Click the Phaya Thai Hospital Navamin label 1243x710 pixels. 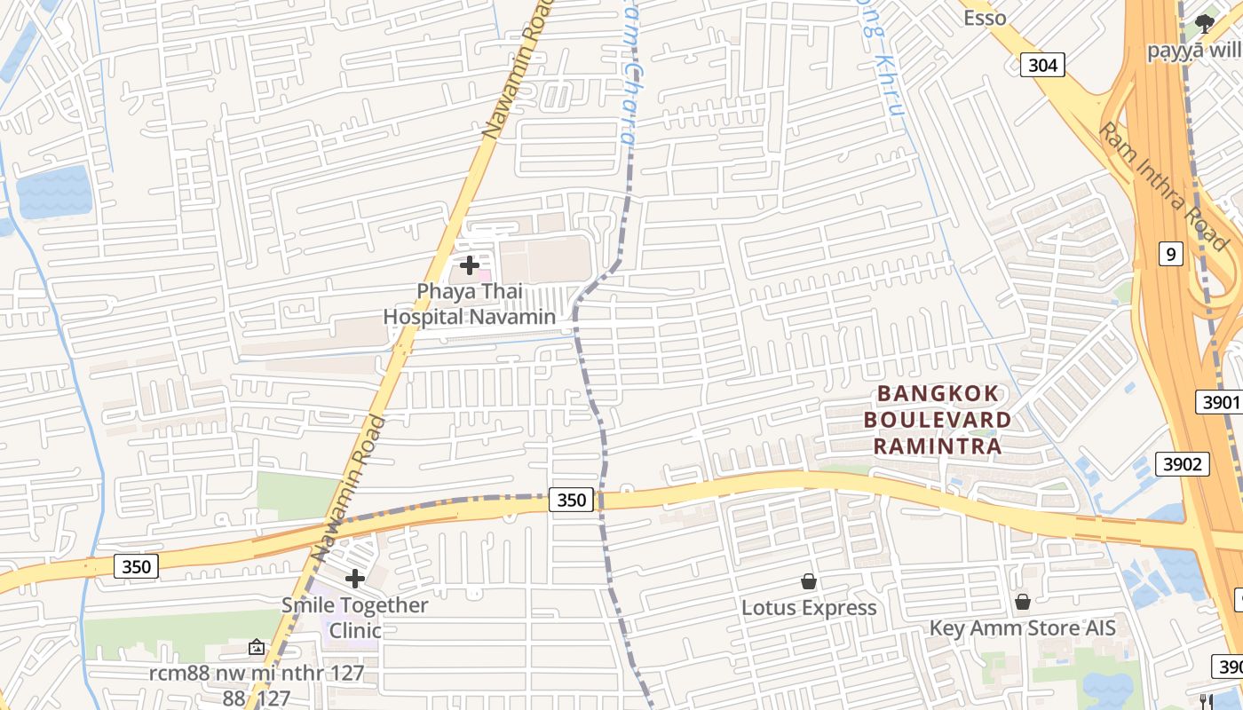469,304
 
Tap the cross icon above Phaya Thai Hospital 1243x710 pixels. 470,264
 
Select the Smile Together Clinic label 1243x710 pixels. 355,618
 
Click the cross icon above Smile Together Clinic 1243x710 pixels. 355,580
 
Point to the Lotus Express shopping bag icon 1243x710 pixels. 809,581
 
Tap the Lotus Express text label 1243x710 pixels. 809,608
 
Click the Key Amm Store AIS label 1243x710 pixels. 1022,628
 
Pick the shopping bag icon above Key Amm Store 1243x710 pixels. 1023,602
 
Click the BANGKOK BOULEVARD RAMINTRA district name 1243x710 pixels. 938,420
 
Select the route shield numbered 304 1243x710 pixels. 1042,64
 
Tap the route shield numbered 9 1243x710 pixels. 1171,255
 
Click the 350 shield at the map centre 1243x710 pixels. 571,500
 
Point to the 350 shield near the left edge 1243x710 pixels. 136,566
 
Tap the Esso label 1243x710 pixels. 985,18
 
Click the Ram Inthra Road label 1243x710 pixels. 1163,186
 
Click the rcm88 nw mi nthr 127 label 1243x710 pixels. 257,673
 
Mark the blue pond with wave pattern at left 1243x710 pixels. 53,191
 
